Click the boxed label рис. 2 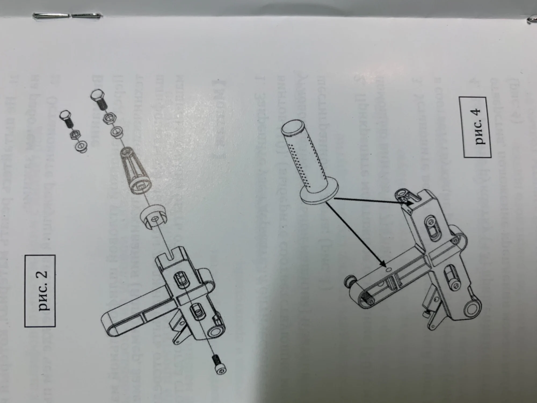click(x=40, y=291)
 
